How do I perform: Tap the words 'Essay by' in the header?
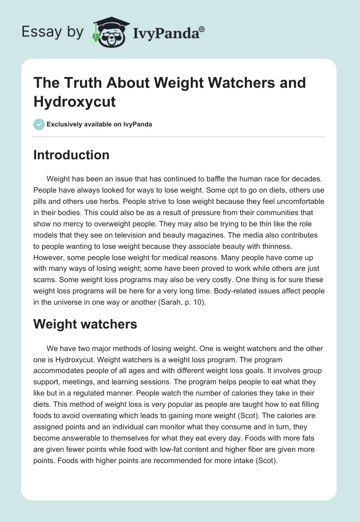(54, 32)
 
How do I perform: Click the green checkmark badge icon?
(39, 124)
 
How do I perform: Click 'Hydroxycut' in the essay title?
(75, 102)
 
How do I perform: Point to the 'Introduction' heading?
(72, 155)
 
